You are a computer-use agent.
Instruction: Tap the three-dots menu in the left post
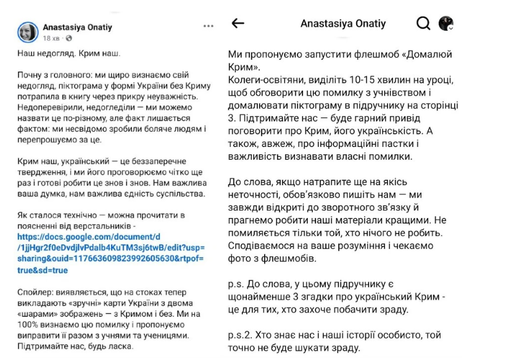pyautogui.click(x=208, y=27)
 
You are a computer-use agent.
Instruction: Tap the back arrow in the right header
pyautogui.click(x=237, y=23)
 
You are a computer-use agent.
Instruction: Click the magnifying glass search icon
pyautogui.click(x=423, y=23)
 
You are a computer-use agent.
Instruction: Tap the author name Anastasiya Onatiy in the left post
pyautogui.click(x=77, y=28)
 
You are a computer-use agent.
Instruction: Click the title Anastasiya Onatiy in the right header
pyautogui.click(x=343, y=23)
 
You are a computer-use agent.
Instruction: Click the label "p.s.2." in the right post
pyautogui.click(x=241, y=335)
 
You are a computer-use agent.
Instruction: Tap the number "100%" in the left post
pyautogui.click(x=28, y=324)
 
